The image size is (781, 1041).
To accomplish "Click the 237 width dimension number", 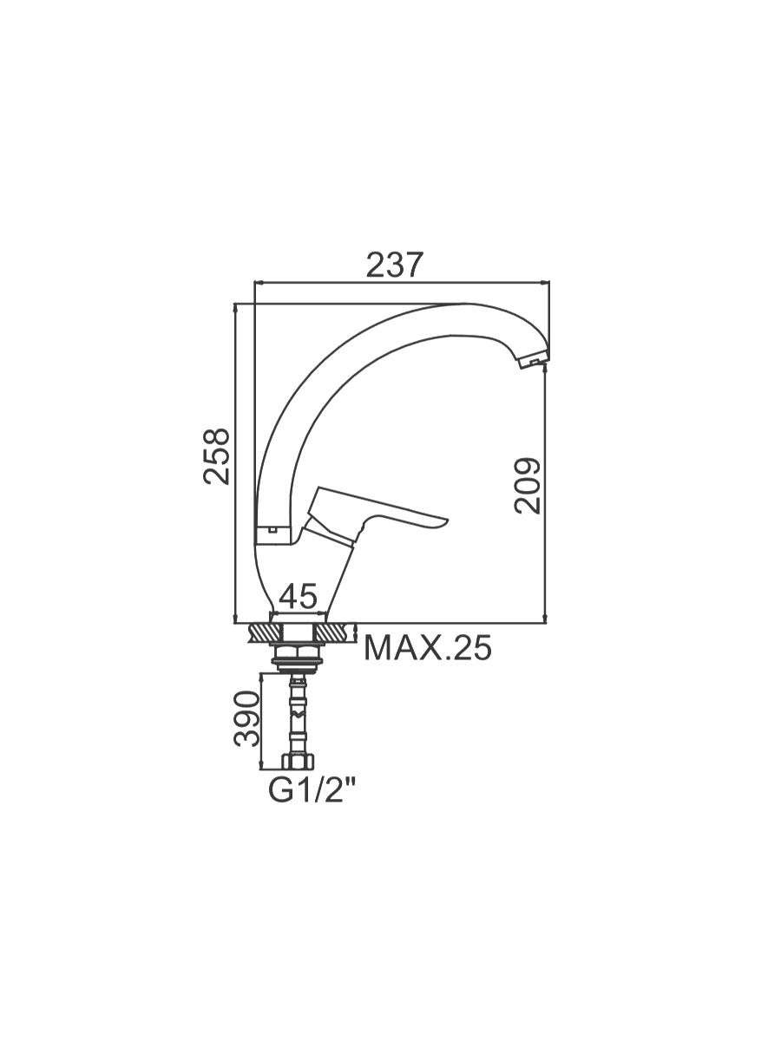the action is (394, 265).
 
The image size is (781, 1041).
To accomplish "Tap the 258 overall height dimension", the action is (216, 456).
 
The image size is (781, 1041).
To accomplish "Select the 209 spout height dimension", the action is (528, 486).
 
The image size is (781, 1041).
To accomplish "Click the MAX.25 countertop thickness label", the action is (428, 648).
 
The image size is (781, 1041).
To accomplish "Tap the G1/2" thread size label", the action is (312, 791).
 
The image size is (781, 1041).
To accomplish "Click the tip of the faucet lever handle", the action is (446, 521).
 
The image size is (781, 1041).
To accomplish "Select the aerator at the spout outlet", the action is (532, 361).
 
